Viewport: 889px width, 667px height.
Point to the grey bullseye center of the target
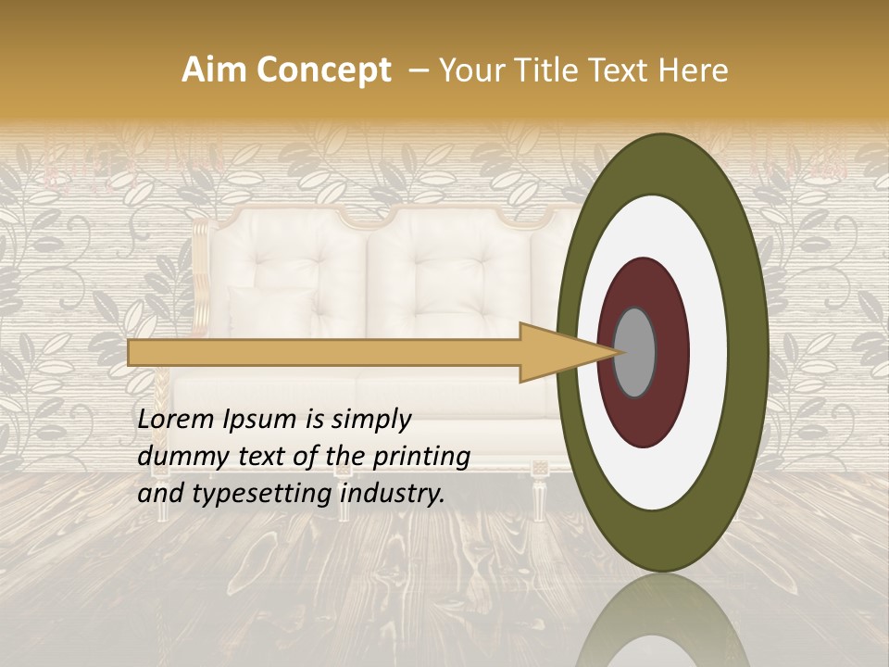[x=635, y=352]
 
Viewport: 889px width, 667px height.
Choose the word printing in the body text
[x=422, y=458]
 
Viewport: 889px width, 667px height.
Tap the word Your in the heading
[x=468, y=70]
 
